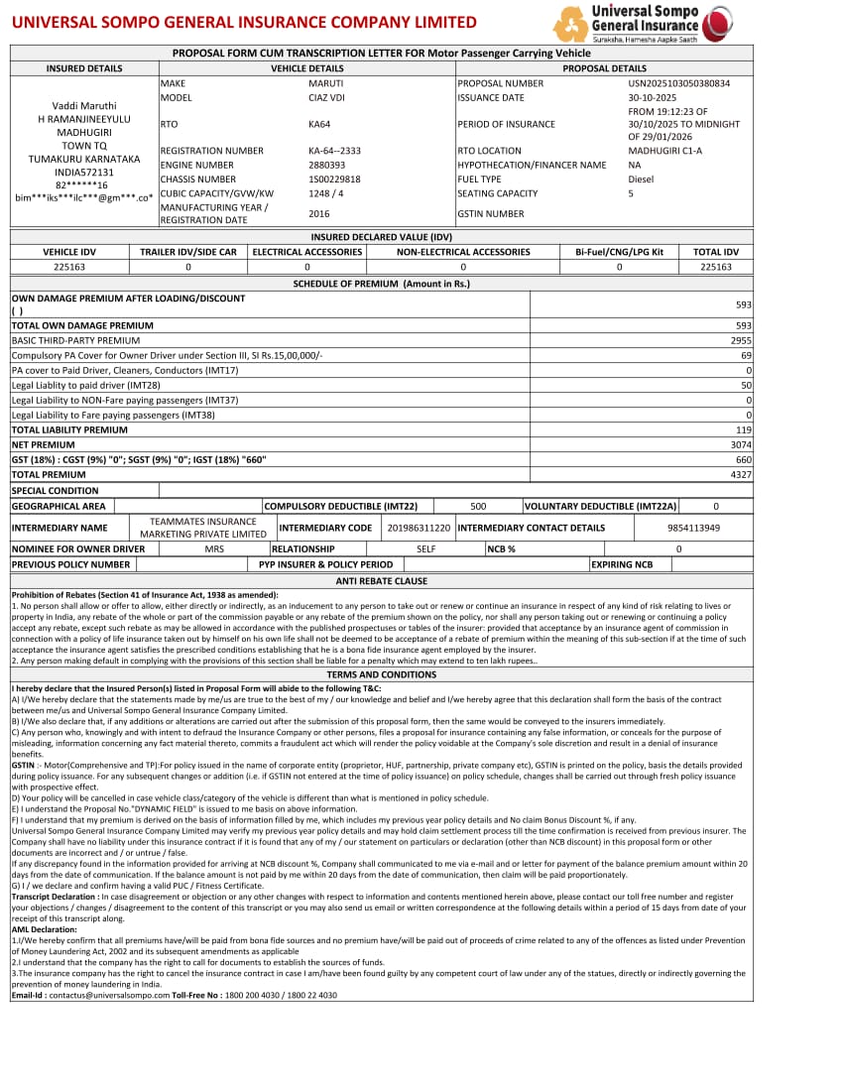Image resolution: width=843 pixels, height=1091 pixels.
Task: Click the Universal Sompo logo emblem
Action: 570,23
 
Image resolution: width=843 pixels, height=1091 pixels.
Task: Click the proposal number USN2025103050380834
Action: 678,83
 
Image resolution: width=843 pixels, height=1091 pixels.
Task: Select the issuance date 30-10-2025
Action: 652,98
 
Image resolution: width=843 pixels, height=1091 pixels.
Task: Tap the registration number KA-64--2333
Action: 334,151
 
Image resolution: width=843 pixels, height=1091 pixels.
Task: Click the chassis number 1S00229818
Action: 334,180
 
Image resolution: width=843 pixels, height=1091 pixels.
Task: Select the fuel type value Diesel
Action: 641,180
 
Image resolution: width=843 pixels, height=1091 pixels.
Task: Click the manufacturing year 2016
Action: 319,213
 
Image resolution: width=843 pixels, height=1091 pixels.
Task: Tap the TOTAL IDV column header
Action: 716,252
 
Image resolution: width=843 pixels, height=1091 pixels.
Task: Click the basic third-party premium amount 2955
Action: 741,340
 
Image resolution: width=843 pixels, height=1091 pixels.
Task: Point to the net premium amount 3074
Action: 741,445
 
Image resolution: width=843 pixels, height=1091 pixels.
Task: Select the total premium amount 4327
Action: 741,475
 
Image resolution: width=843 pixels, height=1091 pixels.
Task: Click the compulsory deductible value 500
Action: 478,506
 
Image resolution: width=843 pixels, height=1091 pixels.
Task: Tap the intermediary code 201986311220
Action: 419,529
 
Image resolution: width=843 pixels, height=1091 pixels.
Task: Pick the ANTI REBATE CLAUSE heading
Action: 382,581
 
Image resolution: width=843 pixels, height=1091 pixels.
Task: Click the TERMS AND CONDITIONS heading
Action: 382,674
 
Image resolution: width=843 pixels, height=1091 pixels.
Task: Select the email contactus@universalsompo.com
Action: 110,995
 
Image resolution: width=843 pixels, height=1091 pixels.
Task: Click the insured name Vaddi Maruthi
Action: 84,106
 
